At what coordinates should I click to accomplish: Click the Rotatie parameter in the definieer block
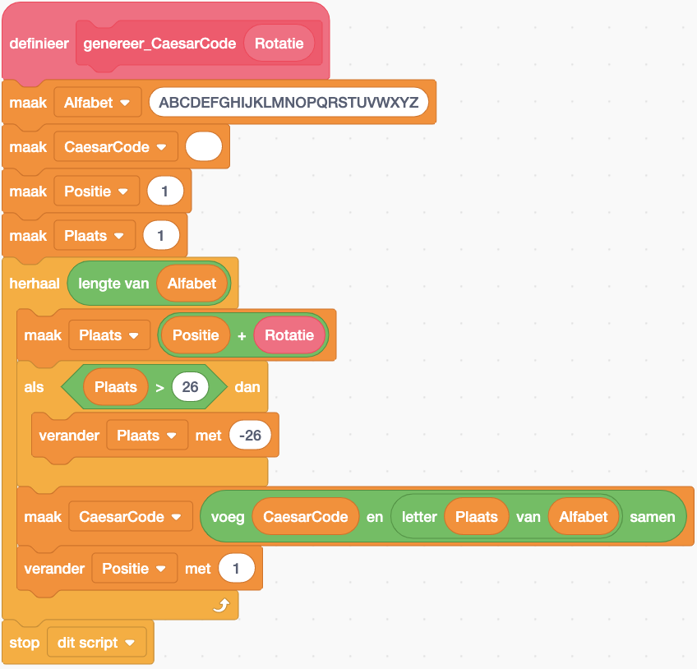click(x=279, y=44)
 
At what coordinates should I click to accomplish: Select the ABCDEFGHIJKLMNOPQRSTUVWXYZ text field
click(x=288, y=103)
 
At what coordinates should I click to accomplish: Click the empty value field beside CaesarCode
click(x=204, y=147)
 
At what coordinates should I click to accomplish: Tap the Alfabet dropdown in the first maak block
click(x=98, y=103)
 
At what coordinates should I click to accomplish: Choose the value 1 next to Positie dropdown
click(x=164, y=191)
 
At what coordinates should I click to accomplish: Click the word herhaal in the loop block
click(x=34, y=284)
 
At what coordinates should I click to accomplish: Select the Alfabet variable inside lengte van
click(x=192, y=284)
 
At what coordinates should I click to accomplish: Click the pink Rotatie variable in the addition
click(x=289, y=335)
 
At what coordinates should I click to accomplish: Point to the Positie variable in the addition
click(x=196, y=335)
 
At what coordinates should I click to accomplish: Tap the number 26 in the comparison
click(x=190, y=386)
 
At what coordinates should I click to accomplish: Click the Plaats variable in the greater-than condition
click(x=116, y=386)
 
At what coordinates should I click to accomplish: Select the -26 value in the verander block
click(x=251, y=436)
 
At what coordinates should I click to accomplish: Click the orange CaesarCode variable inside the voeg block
click(x=305, y=517)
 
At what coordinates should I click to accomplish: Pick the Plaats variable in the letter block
click(x=477, y=517)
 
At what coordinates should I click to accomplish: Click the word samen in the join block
click(x=653, y=517)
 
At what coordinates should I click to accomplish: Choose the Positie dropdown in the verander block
click(x=134, y=568)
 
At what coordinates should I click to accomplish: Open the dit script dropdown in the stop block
click(x=97, y=643)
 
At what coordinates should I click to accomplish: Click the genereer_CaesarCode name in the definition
click(x=159, y=44)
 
